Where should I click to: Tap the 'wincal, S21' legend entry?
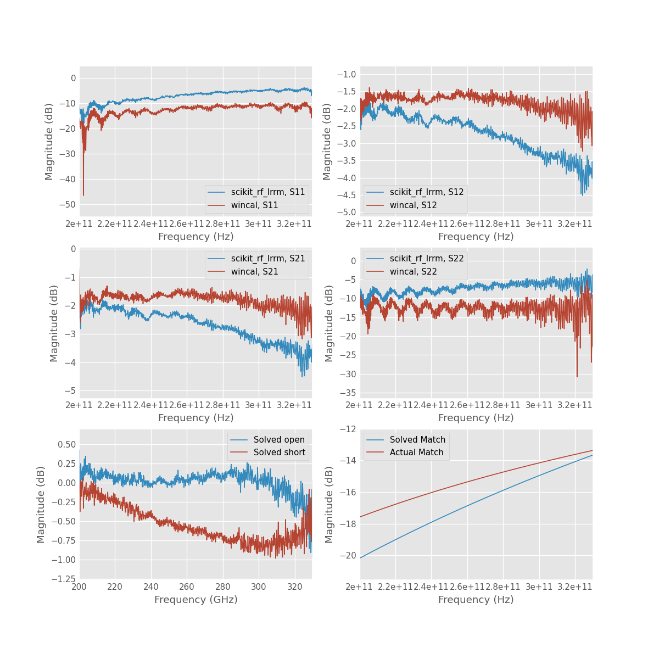coord(254,272)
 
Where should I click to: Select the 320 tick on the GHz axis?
coord(295,587)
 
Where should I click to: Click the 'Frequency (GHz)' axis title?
coord(196,600)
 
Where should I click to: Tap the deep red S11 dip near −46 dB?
coord(83,194)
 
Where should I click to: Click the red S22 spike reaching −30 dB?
coord(577,376)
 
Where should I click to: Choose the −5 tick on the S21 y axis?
coord(71,391)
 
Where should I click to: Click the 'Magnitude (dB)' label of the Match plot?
coord(329,504)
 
